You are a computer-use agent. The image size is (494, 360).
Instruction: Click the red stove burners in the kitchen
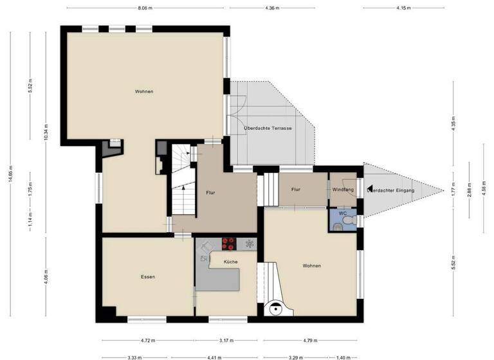point(229,244)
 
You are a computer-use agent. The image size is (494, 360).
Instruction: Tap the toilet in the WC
point(348,221)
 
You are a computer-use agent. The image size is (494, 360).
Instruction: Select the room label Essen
point(148,277)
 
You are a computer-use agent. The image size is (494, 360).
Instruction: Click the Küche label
point(230,262)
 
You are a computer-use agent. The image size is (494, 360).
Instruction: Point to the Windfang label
point(343,190)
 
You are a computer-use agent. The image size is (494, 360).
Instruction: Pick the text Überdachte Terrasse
point(268,129)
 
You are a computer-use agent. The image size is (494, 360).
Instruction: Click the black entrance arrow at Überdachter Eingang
point(365,188)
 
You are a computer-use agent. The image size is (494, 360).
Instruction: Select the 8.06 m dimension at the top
point(145,8)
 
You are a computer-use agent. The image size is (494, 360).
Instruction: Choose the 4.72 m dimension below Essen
point(147,341)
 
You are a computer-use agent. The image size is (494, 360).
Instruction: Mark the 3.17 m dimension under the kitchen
point(225,341)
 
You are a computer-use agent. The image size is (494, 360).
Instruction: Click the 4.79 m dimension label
point(311,341)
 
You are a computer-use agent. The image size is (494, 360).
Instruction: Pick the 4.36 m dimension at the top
point(271,8)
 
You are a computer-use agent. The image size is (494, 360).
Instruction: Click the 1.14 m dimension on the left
point(30,225)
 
